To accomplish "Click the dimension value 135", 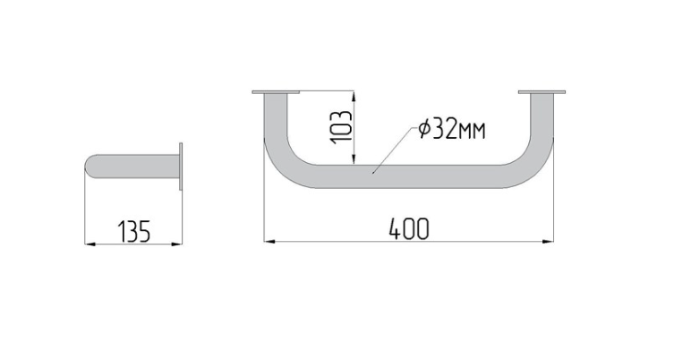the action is (x=134, y=231).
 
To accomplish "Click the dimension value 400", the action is (x=409, y=229).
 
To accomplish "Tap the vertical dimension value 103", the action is (x=341, y=128).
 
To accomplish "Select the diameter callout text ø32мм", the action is (x=452, y=129).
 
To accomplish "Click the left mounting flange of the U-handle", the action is (x=276, y=92).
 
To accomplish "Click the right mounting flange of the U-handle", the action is (x=542, y=92).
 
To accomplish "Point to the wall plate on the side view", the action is (x=181, y=166).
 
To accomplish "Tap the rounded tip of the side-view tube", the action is (x=89, y=166).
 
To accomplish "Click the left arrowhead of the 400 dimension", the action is (x=269, y=241).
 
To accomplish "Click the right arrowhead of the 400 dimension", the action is (x=549, y=241).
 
